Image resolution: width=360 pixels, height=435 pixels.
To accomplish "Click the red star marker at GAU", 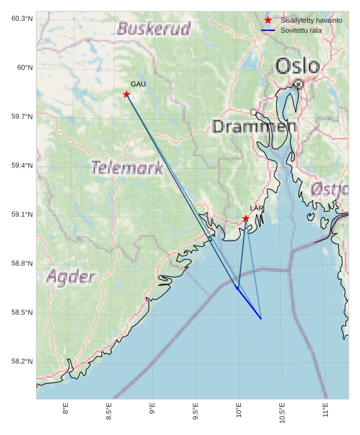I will click(127, 94).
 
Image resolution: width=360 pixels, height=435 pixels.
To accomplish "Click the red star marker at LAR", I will click(245, 218).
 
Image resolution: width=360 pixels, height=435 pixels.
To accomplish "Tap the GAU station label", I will click(138, 84).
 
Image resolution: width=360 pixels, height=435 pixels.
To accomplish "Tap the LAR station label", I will click(256, 208).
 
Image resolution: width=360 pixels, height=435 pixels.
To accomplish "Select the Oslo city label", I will click(297, 65).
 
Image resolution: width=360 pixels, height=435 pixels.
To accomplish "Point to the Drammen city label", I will click(254, 127).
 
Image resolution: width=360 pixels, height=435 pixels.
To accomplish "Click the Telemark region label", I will click(127, 168).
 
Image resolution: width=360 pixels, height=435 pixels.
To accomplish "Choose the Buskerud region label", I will click(154, 29).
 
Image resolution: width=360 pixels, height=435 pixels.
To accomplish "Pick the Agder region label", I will click(70, 277).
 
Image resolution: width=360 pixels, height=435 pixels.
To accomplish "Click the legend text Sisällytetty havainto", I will click(311, 21).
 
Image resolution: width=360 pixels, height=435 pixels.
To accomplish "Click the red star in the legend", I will click(268, 20).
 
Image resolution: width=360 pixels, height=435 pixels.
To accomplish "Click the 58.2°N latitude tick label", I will click(22, 362).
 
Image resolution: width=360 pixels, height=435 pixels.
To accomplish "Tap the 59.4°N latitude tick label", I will click(22, 166).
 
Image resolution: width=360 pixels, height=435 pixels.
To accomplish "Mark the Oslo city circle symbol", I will click(298, 83).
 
